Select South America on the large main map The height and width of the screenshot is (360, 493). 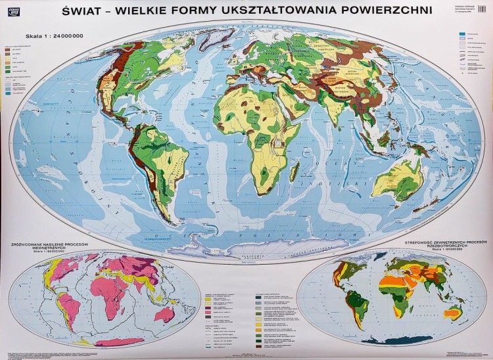(x=158, y=164)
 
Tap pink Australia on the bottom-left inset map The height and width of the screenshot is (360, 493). (x=164, y=315)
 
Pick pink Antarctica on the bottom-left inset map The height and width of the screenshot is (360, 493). (x=118, y=342)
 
